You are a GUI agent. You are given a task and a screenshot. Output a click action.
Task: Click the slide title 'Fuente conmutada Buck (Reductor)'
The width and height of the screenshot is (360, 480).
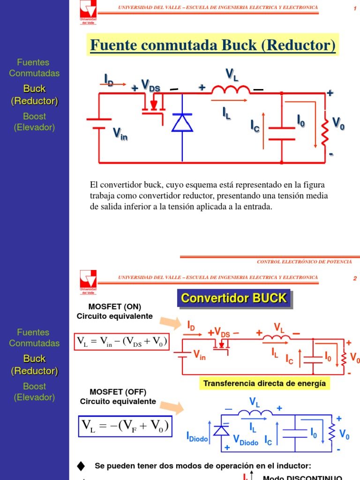[x=212, y=45]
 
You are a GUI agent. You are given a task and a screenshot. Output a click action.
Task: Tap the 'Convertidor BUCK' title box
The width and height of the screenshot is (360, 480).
[x=233, y=299]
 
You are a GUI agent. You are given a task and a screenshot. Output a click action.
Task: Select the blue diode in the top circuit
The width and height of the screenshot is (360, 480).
[x=182, y=123]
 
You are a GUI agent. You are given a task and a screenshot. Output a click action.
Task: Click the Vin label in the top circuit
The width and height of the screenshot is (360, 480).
[x=120, y=135]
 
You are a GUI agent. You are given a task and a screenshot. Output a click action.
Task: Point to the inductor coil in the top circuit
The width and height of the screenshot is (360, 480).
[x=231, y=90]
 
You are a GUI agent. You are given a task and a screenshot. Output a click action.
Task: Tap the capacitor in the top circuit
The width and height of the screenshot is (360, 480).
[x=282, y=133]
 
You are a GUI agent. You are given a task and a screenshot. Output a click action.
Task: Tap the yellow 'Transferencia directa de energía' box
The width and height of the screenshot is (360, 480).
[x=264, y=383]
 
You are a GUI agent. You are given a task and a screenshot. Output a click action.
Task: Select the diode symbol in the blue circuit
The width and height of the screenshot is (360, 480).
[x=221, y=430]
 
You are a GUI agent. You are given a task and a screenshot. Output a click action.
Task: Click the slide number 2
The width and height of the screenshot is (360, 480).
[x=355, y=278]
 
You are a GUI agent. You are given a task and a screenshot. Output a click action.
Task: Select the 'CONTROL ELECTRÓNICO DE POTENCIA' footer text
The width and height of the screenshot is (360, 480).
[x=307, y=262]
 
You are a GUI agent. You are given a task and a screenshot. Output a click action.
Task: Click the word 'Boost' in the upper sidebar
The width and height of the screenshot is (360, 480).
[x=34, y=116]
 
